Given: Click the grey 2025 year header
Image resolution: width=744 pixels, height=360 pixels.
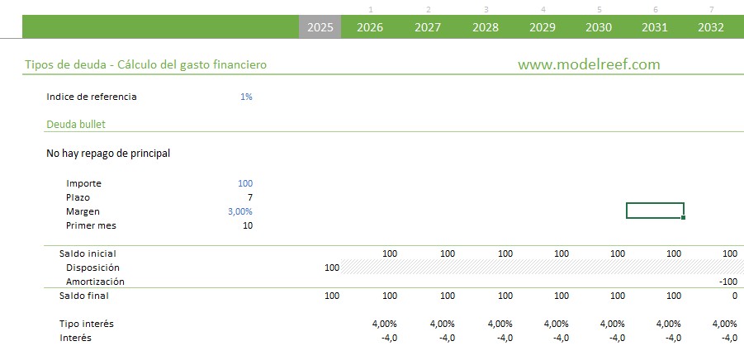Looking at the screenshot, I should pos(320,27).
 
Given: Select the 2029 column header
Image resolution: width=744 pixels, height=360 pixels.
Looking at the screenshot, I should pos(542,27).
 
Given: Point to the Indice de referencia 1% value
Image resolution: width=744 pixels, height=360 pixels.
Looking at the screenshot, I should pos(246,97).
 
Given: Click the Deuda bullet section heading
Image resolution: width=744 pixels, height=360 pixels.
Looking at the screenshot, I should pos(76,125).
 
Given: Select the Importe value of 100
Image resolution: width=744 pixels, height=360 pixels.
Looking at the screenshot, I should pos(244,183).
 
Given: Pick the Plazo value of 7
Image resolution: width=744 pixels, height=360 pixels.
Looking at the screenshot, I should pos(249,197).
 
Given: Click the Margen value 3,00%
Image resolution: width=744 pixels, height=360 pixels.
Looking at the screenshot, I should pos(240,211).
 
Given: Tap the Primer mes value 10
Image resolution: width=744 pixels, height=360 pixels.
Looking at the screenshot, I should pos(247,225).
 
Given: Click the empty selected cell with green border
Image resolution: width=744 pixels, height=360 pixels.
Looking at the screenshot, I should pos(655,211).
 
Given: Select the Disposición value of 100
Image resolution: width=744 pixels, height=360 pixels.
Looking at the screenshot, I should pos(332,268).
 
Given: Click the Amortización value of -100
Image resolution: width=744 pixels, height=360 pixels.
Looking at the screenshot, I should pos(727,282).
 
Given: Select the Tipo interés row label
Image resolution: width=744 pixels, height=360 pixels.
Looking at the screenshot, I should pos(87,324).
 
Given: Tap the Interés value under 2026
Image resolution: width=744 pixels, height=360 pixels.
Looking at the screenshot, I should pos(389,338).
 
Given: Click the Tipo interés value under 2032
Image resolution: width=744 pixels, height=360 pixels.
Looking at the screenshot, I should pos(724,324).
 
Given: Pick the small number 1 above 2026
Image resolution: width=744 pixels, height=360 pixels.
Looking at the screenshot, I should pos(371,10).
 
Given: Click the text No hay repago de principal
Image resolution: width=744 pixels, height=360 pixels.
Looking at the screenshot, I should pos(108,154).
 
